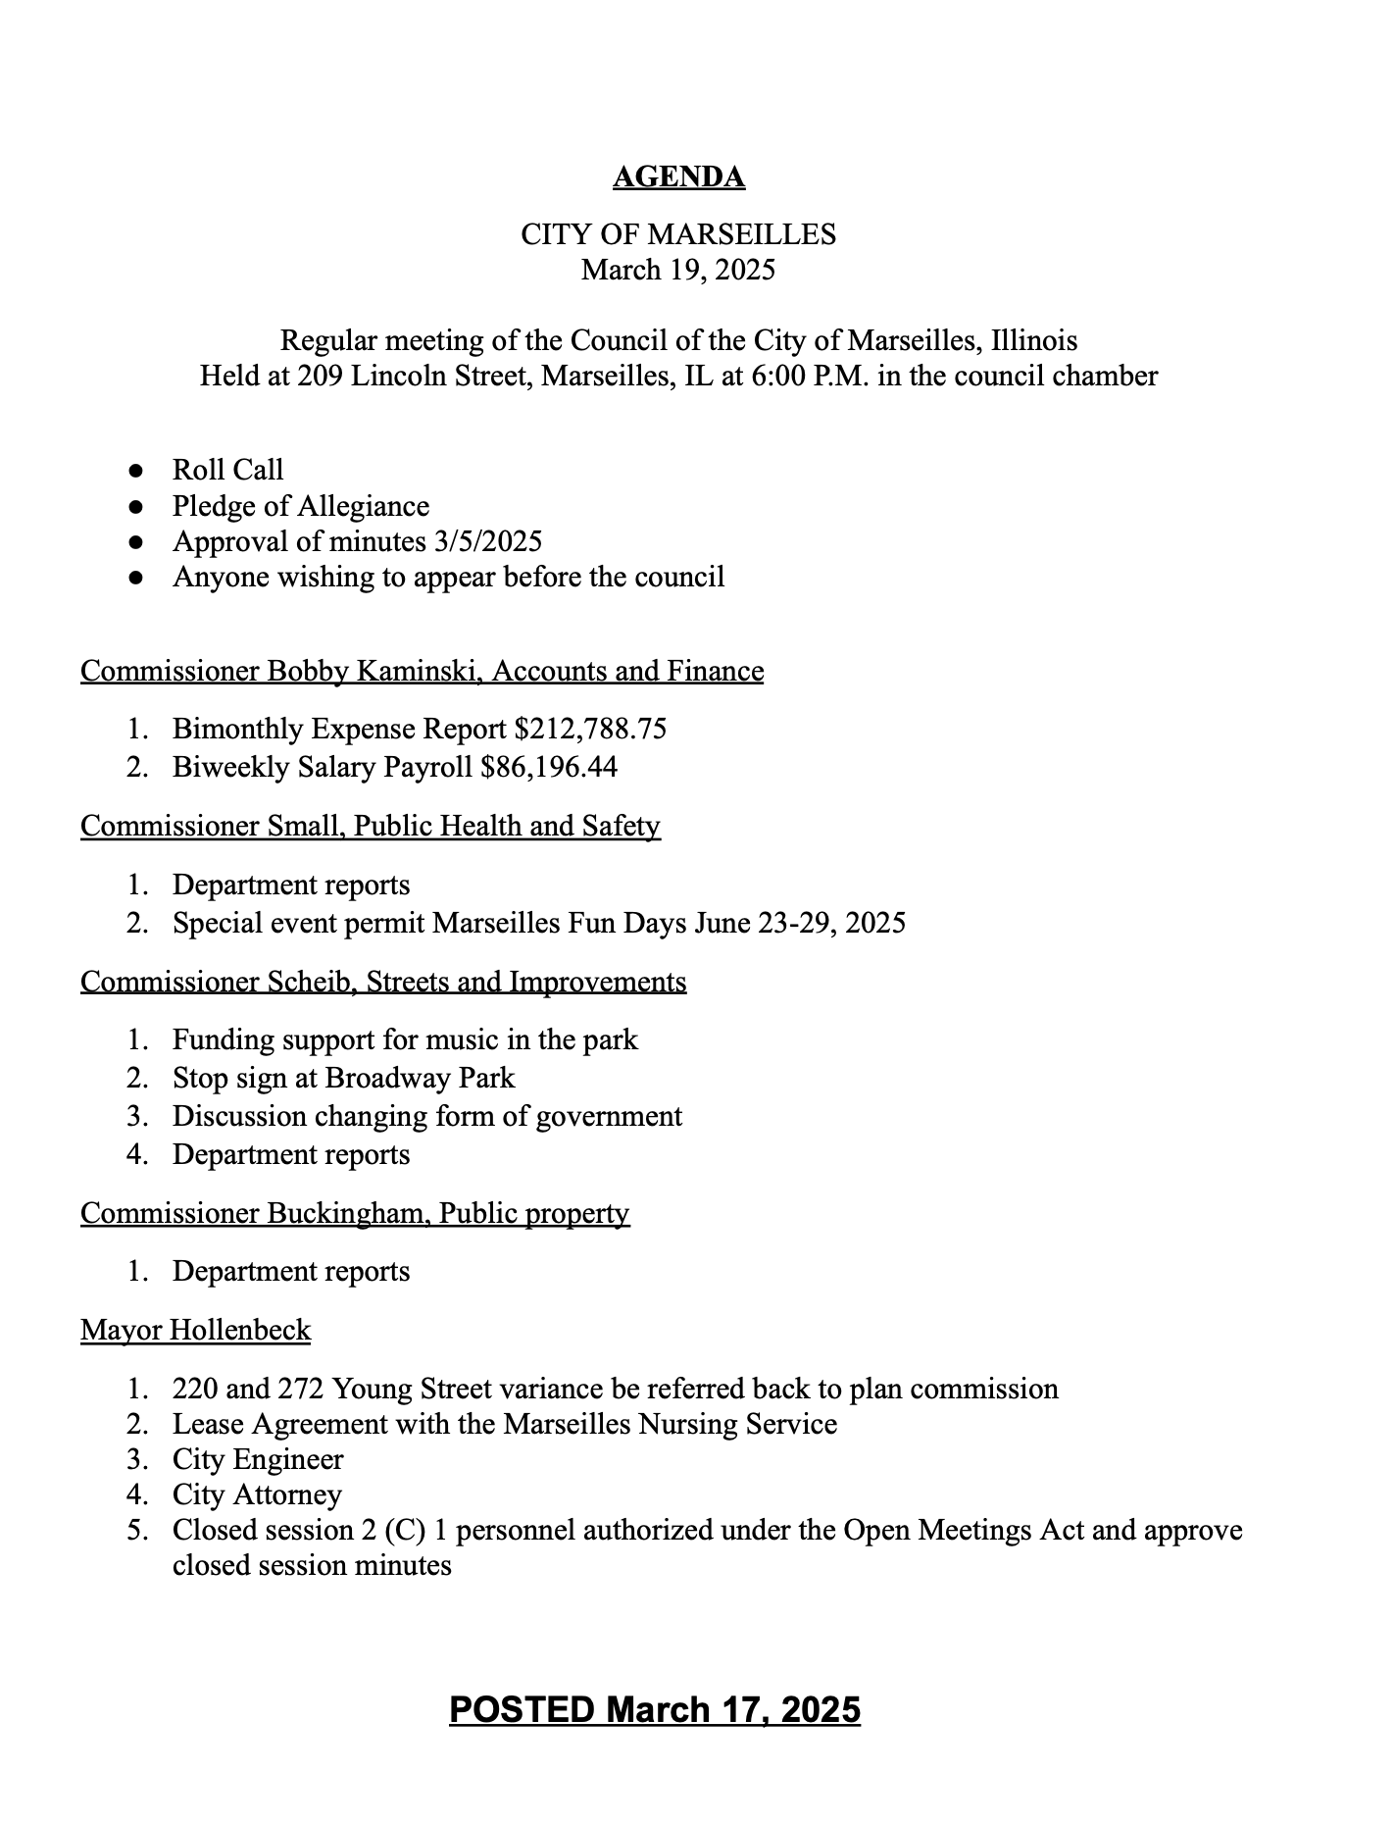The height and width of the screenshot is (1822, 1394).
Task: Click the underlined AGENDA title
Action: point(678,177)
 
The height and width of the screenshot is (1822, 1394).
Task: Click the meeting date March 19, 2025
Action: point(678,270)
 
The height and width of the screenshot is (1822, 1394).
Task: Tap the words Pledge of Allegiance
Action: point(301,506)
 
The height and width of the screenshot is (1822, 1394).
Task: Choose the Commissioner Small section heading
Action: point(371,826)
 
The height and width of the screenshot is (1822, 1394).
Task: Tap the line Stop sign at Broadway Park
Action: point(343,1078)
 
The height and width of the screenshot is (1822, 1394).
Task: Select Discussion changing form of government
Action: point(427,1116)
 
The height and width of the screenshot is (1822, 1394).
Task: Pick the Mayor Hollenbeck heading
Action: point(196,1331)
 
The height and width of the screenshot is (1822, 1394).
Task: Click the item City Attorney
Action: point(257,1494)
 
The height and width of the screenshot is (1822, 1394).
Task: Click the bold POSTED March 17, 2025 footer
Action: point(655,1709)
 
